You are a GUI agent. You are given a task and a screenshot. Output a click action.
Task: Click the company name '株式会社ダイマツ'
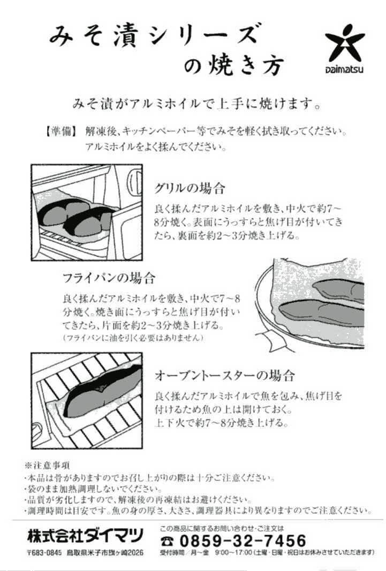pos(86,535)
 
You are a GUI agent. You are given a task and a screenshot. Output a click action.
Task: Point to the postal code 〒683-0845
pos(44,553)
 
